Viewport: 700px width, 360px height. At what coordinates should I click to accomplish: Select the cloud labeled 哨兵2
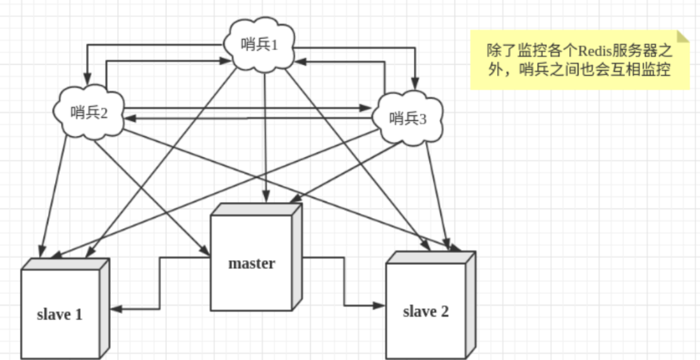89,112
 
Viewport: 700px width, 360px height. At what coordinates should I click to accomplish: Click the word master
251,263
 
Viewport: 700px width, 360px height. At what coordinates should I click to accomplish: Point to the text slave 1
60,314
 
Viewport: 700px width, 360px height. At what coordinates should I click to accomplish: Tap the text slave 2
426,311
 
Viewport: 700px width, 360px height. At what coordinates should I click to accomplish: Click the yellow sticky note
580,60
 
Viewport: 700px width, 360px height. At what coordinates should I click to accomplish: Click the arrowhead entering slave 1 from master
115,309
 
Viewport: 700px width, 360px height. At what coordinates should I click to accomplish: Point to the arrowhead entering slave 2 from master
381,305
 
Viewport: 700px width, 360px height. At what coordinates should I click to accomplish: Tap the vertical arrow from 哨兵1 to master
264,136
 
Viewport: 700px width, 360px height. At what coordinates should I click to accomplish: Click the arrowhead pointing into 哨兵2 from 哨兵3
129,118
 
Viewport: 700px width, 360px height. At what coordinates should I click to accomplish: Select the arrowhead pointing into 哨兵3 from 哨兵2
366,107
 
